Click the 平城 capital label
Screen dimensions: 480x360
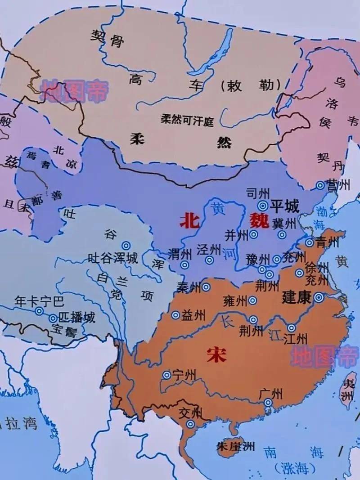click(284, 206)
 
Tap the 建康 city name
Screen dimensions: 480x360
click(297, 297)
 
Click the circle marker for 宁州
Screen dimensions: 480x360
click(166, 375)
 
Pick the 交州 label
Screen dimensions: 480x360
click(191, 412)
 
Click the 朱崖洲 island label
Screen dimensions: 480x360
click(235, 446)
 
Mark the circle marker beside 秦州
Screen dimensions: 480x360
click(206, 287)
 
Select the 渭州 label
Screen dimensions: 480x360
click(179, 253)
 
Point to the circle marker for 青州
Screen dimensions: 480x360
click(310, 243)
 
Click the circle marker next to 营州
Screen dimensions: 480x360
click(320, 185)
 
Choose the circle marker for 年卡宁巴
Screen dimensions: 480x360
click(39, 311)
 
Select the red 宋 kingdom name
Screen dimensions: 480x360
click(216, 355)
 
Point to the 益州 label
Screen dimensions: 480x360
click(193, 316)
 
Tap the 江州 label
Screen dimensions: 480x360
click(296, 339)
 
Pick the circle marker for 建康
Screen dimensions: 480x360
click(319, 297)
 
